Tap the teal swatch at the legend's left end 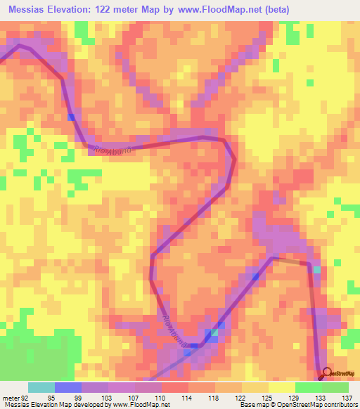click(x=41, y=387)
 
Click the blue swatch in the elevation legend click(x=68, y=387)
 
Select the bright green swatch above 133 click(x=309, y=387)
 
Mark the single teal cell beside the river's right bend click(x=316, y=270)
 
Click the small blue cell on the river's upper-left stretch click(x=71, y=116)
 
